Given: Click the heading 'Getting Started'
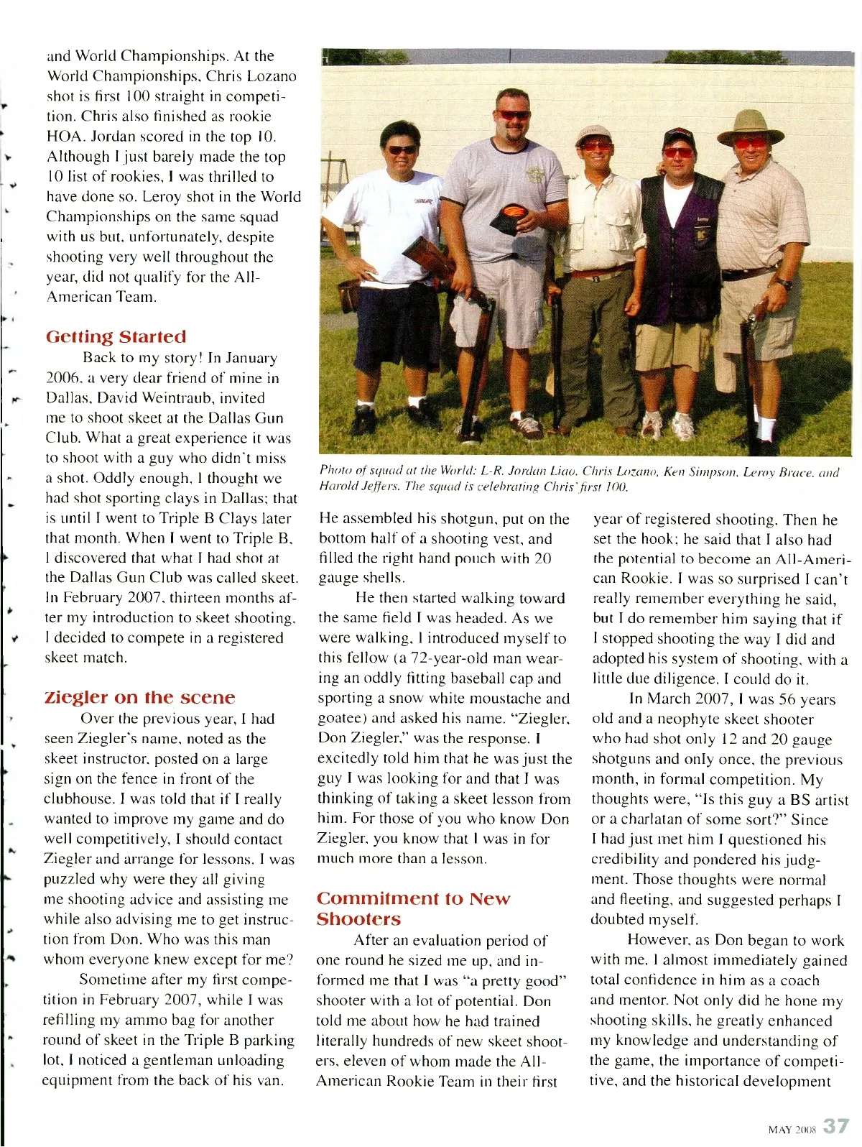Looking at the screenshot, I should (116, 337).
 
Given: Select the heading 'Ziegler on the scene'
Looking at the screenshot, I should (139, 698).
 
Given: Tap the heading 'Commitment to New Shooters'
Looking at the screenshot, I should (413, 908).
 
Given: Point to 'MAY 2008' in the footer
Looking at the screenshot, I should (792, 1130).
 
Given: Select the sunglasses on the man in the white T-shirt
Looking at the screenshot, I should (402, 150).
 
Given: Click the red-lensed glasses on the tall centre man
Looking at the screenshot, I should (513, 115).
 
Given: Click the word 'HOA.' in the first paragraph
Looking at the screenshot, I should (67, 137).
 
